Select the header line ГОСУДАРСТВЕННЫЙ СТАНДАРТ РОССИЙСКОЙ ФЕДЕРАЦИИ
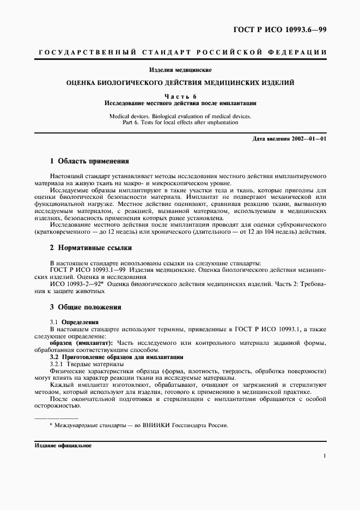tap(180, 52)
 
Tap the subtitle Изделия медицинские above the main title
tap(180, 70)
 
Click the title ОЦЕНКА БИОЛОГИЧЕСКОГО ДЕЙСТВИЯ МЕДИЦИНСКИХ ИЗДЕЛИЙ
tap(180, 83)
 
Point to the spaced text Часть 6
tap(180, 96)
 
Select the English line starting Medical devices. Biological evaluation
tap(180, 116)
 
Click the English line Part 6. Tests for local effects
tap(180, 123)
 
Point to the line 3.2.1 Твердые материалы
tap(87, 363)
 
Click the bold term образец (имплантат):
tap(84, 343)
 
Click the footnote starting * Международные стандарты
tap(139, 426)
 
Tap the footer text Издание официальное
tap(63, 445)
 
